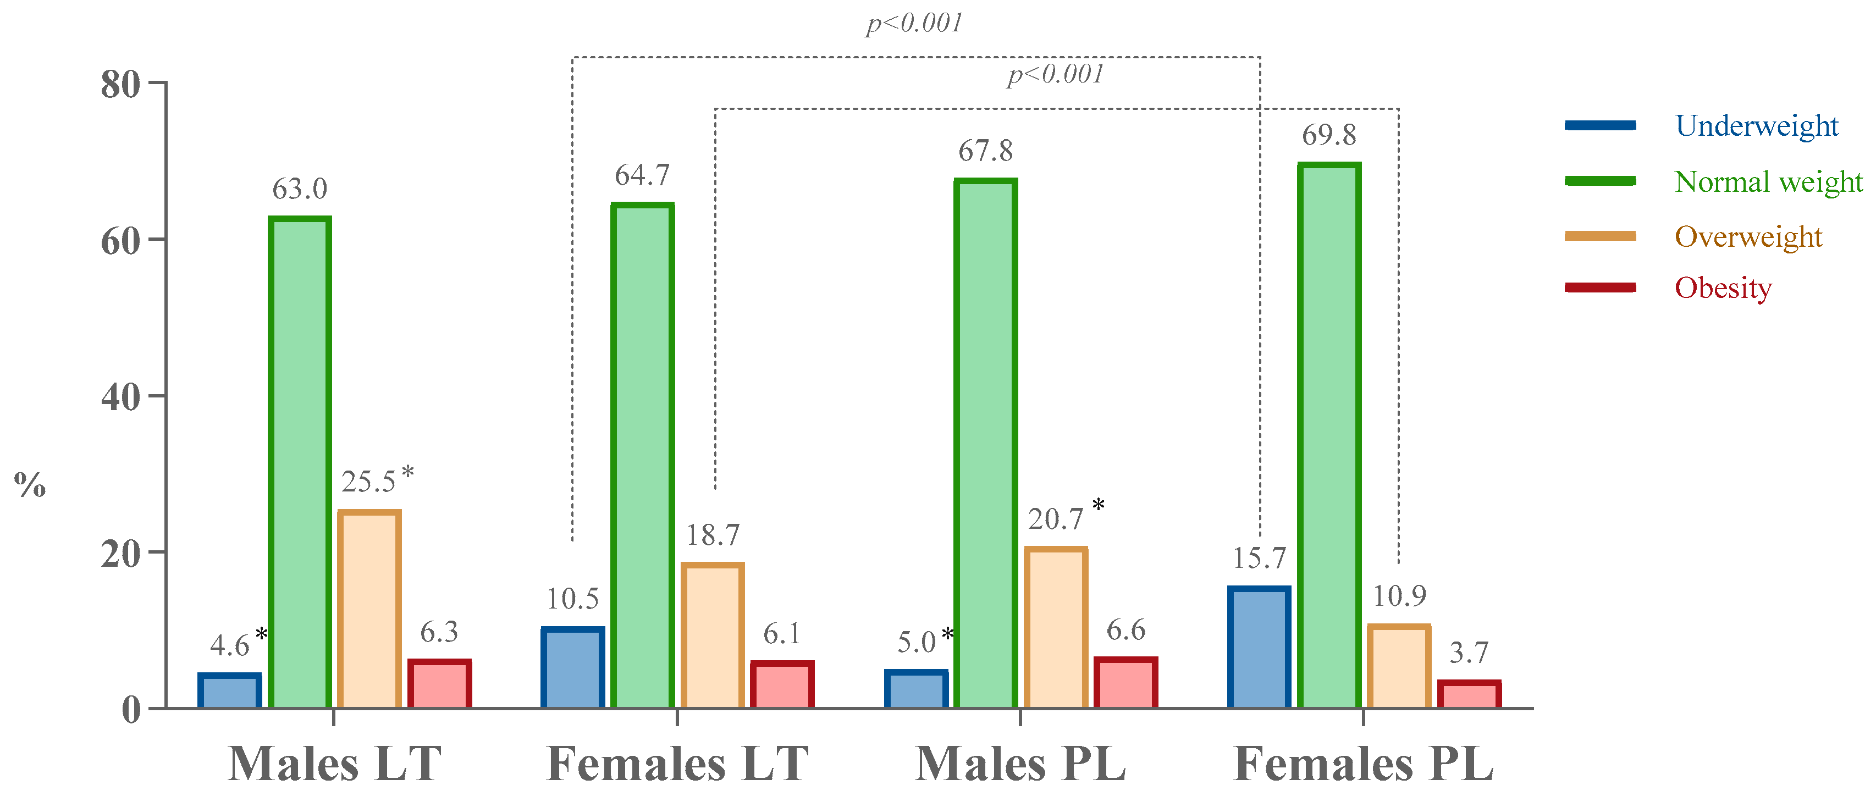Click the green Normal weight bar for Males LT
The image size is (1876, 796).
[x=299, y=462]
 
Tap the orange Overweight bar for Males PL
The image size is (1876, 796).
[x=1055, y=627]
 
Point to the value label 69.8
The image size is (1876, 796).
[x=1328, y=135]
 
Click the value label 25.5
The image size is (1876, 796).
[x=368, y=482]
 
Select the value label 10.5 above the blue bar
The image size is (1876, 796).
[x=572, y=599]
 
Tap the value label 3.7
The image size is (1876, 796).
[x=1468, y=653]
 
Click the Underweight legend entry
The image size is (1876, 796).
[x=1755, y=126]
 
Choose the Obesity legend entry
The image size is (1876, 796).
[x=1723, y=289]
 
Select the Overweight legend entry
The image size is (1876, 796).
[x=1748, y=237]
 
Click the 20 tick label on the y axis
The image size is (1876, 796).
[x=121, y=554]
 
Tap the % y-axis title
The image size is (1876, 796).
[x=30, y=484]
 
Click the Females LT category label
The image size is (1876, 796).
[x=677, y=764]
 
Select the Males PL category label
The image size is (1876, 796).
[x=1019, y=764]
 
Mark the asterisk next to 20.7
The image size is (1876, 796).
[x=1098, y=505]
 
